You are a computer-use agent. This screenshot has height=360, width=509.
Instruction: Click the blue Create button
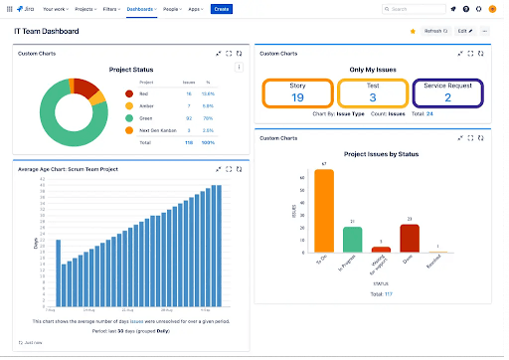tap(222, 9)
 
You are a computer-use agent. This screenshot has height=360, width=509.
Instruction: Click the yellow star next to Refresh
tap(413, 31)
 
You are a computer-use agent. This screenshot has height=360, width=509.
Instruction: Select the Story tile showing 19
tap(297, 92)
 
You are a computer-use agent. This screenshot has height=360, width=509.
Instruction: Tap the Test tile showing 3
tap(372, 92)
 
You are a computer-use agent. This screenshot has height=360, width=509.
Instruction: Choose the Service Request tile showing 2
tap(447, 92)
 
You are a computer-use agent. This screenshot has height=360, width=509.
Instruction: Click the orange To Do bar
tap(324, 211)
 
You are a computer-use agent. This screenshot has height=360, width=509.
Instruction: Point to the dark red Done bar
tap(410, 238)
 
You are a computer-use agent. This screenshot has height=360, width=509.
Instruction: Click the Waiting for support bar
tap(381, 250)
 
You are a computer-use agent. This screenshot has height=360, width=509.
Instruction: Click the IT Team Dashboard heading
tap(48, 31)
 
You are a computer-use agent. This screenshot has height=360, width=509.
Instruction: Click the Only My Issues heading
tap(373, 67)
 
